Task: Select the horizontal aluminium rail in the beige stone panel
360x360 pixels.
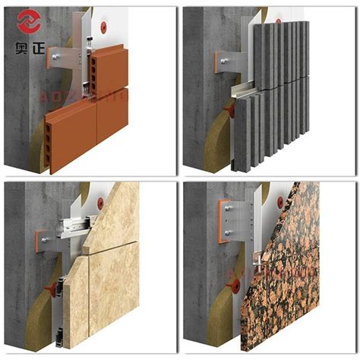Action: [x=76, y=223]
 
